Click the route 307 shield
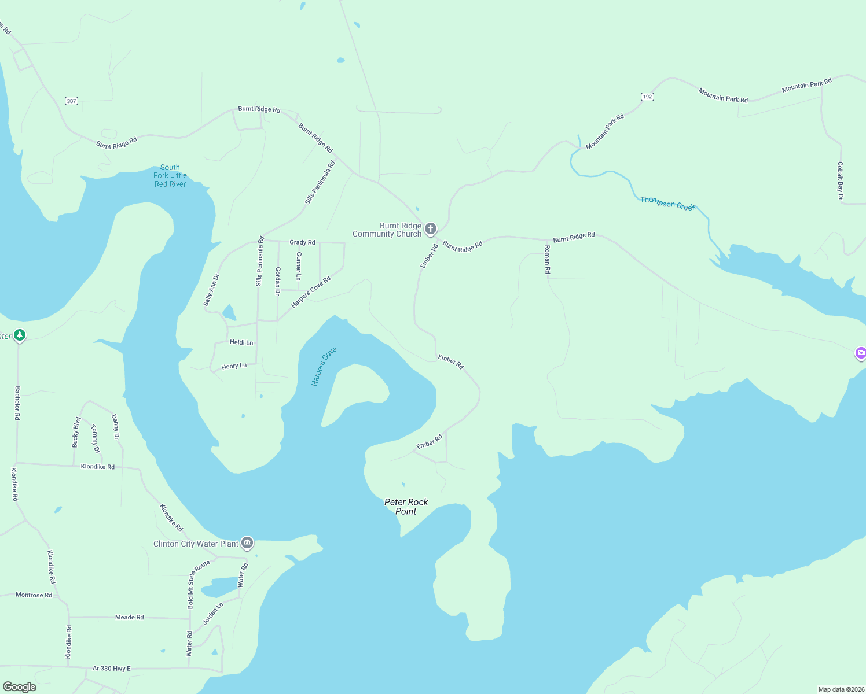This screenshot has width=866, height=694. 71,101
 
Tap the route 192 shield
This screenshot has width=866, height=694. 647,97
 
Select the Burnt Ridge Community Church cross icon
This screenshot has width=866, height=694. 431,229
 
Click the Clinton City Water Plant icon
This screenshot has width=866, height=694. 247,543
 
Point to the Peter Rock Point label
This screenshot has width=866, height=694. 406,507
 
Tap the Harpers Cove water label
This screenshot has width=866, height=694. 324,367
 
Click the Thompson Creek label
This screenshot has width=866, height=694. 667,204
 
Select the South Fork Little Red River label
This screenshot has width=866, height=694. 170,176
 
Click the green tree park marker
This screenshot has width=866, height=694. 20,335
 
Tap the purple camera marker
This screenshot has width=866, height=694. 860,353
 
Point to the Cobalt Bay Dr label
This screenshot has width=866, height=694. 840,181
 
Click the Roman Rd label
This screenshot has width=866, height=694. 547,259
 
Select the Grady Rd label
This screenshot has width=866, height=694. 302,242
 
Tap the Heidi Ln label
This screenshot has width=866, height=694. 241,342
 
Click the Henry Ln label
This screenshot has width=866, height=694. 234,366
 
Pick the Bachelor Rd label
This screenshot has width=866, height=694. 17,403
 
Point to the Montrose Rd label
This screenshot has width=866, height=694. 34,595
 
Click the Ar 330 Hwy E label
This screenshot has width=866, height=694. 112,669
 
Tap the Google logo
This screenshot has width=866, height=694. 20,687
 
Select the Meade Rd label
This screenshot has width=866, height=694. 129,617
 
